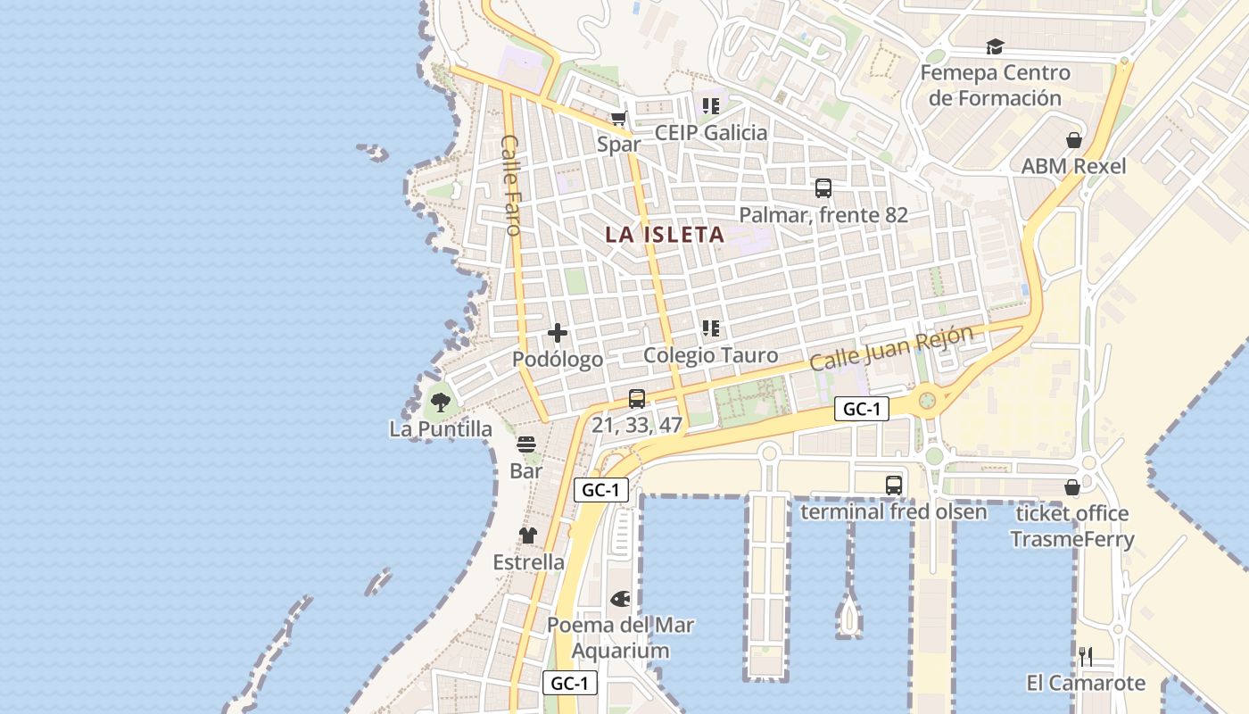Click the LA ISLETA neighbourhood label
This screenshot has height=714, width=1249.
coord(665,235)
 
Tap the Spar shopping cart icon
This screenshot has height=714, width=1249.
coord(619,118)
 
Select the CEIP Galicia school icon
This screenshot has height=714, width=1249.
coord(710,106)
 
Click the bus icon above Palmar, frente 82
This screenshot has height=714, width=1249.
coord(823,188)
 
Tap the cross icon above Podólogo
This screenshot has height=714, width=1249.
coord(558,333)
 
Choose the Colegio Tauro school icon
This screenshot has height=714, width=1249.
coord(710,328)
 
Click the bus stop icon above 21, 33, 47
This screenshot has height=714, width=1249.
coord(636,399)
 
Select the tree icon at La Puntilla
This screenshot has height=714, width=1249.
coord(440,403)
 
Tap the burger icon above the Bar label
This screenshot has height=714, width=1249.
coord(526,444)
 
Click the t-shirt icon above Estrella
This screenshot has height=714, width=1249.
coord(528,535)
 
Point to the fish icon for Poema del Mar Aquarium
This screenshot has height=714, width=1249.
coord(620,598)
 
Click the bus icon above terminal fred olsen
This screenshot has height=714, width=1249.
coord(894,486)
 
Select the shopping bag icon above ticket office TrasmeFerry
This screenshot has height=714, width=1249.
coord(1072,487)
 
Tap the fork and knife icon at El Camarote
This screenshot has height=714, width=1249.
coord(1086,657)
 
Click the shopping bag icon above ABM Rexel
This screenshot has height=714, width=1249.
coord(1074,140)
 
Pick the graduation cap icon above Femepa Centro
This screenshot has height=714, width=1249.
coord(995,46)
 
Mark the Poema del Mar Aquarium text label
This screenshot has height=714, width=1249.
coord(620,637)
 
